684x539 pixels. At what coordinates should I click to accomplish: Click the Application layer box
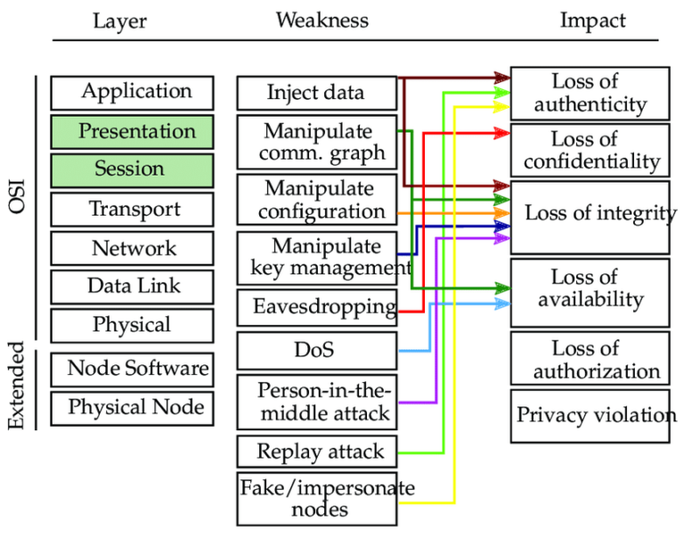point(132,92)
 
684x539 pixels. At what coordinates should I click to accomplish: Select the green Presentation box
point(132,131)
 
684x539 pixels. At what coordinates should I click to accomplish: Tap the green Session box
point(132,169)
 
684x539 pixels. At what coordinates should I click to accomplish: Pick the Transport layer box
point(132,209)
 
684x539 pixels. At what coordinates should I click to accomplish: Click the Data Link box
point(132,287)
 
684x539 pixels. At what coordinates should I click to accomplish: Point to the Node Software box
point(132,368)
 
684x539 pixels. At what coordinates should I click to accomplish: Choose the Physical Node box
point(132,408)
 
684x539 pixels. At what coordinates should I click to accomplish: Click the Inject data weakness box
point(316,93)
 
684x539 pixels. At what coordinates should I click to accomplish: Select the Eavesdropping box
point(316,307)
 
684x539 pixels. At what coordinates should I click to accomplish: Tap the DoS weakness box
point(316,350)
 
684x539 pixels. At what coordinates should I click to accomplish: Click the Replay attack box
point(316,452)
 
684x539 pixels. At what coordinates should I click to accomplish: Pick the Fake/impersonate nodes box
point(316,499)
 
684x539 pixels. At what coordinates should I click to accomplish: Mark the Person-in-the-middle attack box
point(316,402)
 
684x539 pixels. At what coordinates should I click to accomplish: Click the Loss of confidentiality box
point(589,150)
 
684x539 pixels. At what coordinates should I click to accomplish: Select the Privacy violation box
point(589,415)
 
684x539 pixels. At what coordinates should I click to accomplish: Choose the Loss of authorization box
point(589,359)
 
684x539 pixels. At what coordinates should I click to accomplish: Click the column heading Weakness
point(322,20)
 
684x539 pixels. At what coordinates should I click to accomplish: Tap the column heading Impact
point(592,20)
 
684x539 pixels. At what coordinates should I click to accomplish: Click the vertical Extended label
point(16,390)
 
